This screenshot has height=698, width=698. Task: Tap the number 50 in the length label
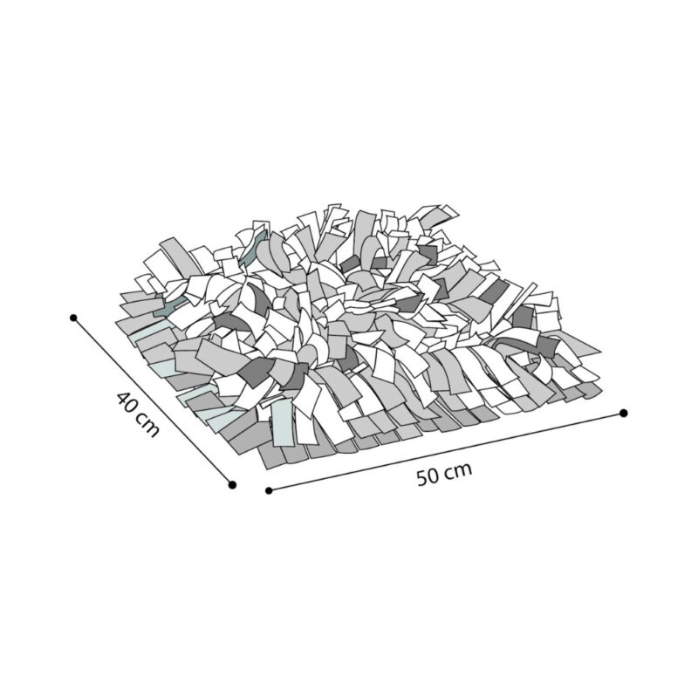[428, 476]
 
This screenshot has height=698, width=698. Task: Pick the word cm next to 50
[459, 470]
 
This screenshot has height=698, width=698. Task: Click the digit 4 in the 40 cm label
[123, 400]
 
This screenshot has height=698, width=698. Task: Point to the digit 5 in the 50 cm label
[422, 478]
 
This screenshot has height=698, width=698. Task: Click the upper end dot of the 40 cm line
[73, 318]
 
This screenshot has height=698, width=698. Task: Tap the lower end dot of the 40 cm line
[231, 485]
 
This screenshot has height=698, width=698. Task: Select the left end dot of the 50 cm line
[269, 490]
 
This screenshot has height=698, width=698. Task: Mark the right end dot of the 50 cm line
[624, 413]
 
